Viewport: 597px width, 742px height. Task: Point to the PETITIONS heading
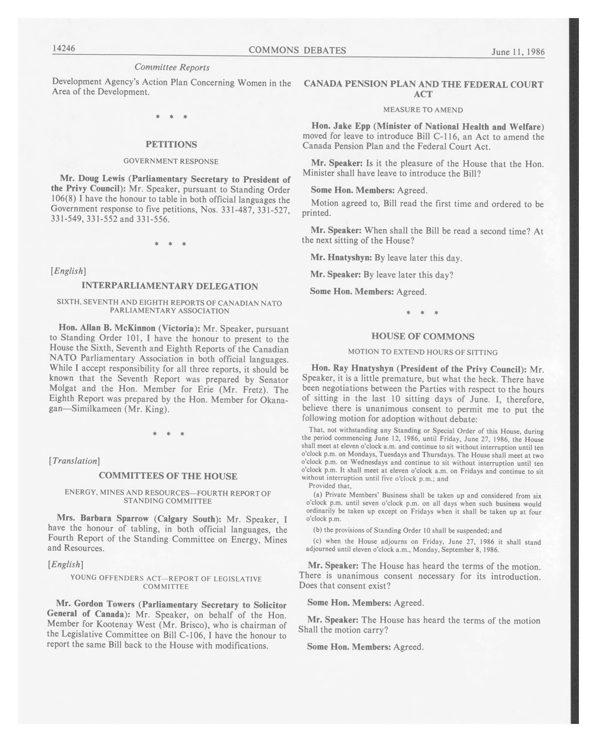[171, 144]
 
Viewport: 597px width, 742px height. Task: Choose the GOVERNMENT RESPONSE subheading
[171, 161]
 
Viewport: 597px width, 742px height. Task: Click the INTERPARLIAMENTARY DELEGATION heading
[170, 286]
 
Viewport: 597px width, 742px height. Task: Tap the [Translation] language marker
[74, 461]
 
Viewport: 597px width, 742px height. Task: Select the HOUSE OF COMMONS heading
[423, 336]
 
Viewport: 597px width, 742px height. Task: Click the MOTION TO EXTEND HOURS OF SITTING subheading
[423, 352]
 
